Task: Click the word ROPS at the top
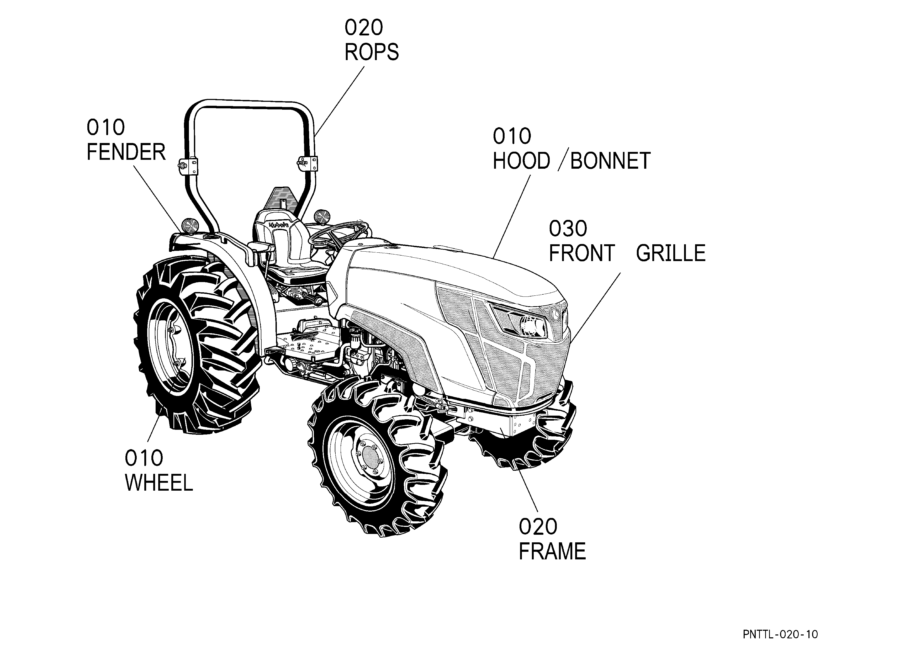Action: [x=372, y=52]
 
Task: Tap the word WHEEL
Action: [x=159, y=483]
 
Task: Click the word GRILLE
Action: [x=671, y=253]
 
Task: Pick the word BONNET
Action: [x=611, y=161]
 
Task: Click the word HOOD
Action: [x=522, y=161]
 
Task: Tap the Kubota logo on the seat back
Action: [x=278, y=225]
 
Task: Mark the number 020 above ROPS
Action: [x=363, y=28]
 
